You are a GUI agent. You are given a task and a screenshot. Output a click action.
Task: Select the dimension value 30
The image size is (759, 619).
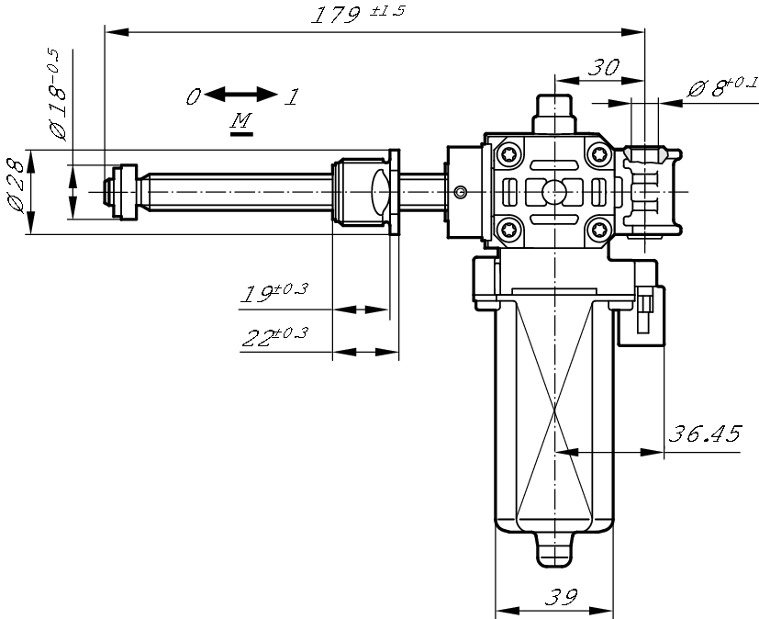coord(604,68)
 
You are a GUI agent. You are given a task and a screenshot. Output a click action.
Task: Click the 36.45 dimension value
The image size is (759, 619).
coord(704,433)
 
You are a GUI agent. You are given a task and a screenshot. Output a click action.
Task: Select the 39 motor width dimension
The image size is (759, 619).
coord(562,597)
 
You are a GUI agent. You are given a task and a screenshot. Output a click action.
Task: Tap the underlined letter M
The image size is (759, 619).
coord(241,120)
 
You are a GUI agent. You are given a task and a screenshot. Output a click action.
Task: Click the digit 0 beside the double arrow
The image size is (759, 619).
coord(193,96)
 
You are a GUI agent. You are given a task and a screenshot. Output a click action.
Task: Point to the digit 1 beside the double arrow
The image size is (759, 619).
coord(293,96)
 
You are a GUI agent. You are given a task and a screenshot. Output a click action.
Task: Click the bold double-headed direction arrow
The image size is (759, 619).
coord(241,95)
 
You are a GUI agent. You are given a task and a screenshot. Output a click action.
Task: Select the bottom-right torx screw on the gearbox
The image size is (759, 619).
coord(599,229)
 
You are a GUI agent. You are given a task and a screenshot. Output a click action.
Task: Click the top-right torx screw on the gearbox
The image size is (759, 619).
coord(599,155)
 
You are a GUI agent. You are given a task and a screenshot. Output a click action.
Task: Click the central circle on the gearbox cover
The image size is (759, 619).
coord(554,192)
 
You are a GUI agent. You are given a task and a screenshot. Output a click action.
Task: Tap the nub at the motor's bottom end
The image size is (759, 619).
coord(554,550)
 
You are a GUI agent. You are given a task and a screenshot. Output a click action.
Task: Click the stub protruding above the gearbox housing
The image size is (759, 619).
coord(554,114)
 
